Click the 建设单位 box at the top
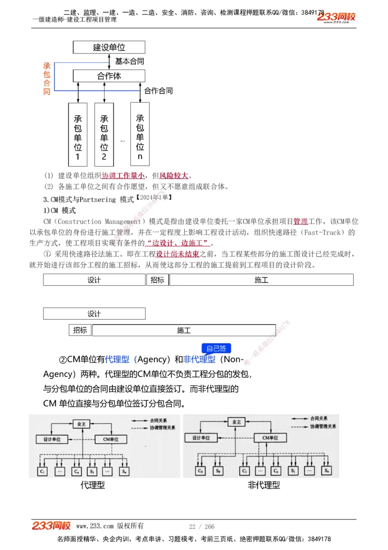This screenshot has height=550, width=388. click(109, 47)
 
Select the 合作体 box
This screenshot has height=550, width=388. click(109, 76)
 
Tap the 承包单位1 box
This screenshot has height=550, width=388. click(78, 135)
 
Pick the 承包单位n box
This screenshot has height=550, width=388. click(140, 135)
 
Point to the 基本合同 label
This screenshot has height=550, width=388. click(129, 61)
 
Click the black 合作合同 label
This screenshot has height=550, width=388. click(159, 91)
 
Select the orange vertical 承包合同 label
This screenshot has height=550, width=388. click(47, 79)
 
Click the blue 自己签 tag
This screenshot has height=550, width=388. click(216, 348)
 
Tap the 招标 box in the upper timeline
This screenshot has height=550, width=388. click(157, 280)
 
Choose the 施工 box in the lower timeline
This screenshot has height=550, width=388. click(184, 330)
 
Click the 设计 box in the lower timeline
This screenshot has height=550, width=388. click(94, 314)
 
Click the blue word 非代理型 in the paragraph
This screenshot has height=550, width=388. click(199, 360)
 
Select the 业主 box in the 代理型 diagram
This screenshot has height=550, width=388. click(81, 424)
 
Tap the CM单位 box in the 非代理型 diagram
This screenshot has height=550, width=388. click(270, 438)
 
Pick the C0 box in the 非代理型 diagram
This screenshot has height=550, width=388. click(200, 470)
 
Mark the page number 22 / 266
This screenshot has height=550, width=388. click(202, 527)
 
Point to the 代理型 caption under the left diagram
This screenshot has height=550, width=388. click(93, 485)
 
